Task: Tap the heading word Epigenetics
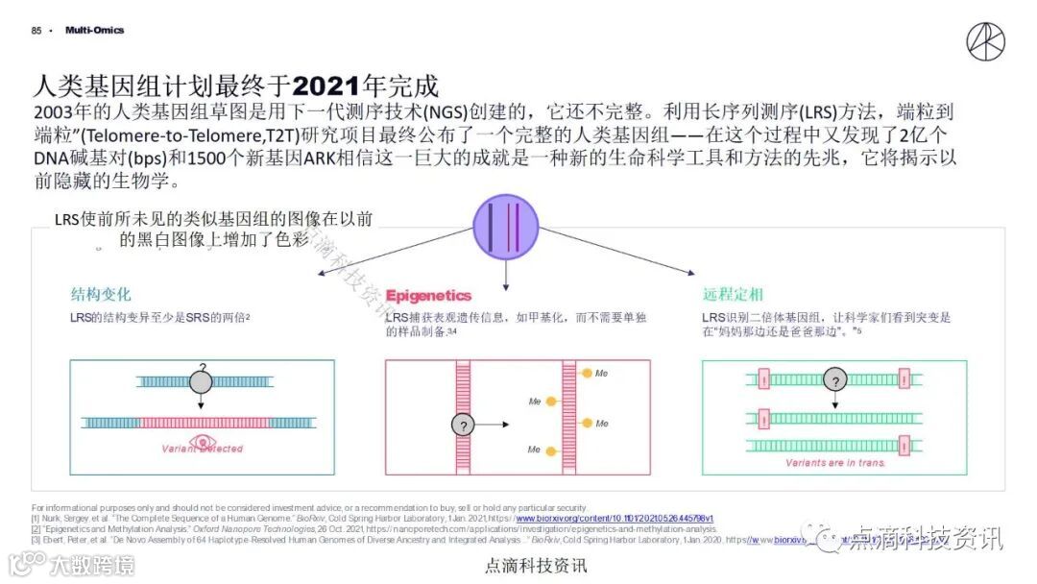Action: tap(428, 295)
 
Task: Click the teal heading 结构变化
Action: tap(100, 294)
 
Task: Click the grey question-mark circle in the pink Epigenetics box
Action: tap(464, 424)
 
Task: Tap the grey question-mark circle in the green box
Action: tap(835, 381)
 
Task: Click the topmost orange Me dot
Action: tap(587, 373)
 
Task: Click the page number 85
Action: tap(36, 31)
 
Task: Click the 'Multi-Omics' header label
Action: tap(94, 31)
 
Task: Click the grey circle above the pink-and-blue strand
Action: tap(201, 380)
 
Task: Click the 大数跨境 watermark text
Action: tap(91, 564)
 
